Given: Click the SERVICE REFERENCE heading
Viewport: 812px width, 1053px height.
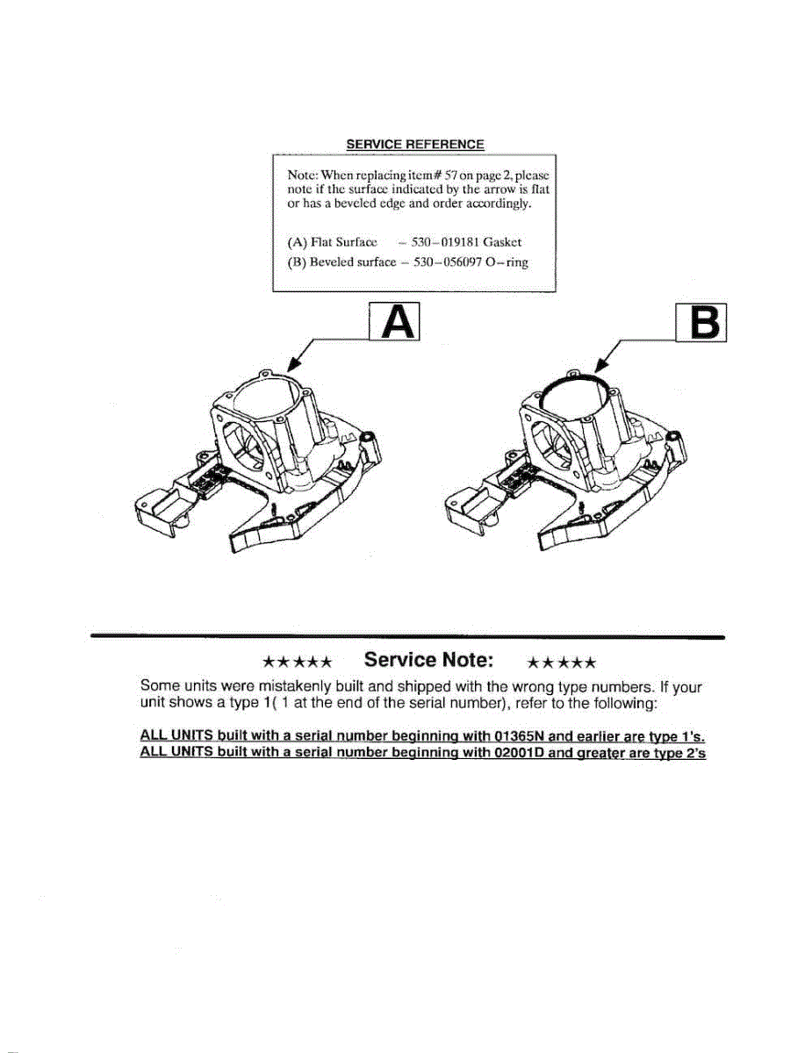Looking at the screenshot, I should tap(414, 145).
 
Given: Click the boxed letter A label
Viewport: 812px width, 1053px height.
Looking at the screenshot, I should tap(395, 323).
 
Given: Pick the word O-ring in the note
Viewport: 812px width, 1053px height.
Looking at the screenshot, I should tap(508, 262).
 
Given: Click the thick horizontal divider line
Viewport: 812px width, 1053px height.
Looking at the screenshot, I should tap(408, 635).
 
